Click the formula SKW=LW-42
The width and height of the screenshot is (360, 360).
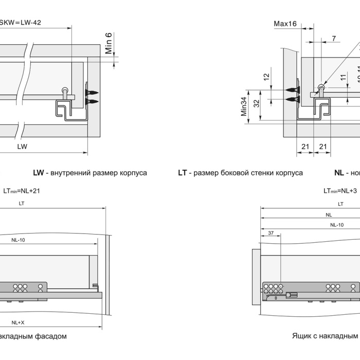pyautogui.click(x=20, y=22)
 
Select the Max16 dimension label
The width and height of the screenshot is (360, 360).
pyautogui.click(x=285, y=24)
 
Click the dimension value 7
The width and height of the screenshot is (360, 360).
pyautogui.click(x=334, y=39)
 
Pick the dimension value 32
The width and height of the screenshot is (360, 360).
pyautogui.click(x=256, y=102)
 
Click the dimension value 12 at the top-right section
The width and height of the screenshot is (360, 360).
pyautogui.click(x=266, y=77)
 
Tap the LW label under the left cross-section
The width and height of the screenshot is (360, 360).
pyautogui.click(x=22, y=146)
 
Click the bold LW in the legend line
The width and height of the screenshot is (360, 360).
pyautogui.click(x=39, y=173)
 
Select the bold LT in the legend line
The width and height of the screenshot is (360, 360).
pyautogui.click(x=183, y=173)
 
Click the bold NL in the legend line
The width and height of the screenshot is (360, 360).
pyautogui.click(x=339, y=173)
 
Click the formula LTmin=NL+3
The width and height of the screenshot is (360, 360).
pyautogui.click(x=340, y=191)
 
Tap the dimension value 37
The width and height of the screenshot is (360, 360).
pyautogui.click(x=271, y=233)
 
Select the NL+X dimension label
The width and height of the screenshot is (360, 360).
pyautogui.click(x=18, y=322)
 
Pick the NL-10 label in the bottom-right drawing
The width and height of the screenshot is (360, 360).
pyautogui.click(x=337, y=225)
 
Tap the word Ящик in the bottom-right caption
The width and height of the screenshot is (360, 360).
pyautogui.click(x=303, y=336)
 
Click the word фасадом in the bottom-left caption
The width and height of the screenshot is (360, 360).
pyautogui.click(x=49, y=336)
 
